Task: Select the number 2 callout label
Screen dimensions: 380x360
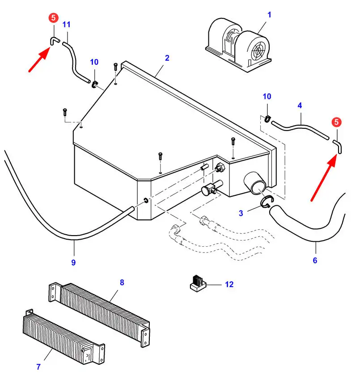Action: (167, 58)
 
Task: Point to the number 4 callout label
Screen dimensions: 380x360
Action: (300, 106)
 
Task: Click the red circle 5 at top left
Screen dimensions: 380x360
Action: (53, 18)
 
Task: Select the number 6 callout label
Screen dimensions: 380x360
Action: (315, 260)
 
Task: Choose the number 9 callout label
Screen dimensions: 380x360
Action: (73, 262)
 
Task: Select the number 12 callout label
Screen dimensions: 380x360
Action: (229, 284)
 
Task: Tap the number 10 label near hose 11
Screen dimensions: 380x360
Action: (94, 62)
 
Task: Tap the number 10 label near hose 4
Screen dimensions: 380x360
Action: (267, 97)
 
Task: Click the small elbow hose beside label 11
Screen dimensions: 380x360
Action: (54, 41)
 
